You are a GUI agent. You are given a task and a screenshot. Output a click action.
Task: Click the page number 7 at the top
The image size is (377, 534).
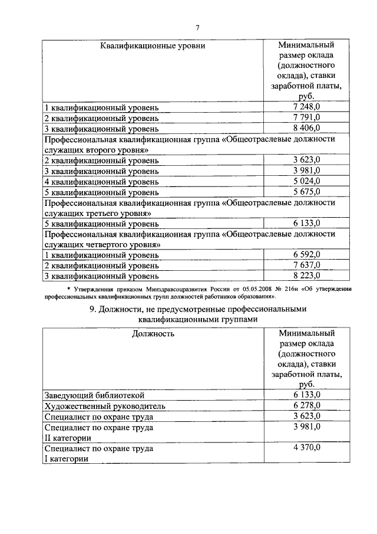198,27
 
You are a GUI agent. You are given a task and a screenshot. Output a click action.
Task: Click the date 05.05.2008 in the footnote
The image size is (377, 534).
254,289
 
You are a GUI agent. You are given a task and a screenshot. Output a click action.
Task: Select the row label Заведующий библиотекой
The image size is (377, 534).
94,395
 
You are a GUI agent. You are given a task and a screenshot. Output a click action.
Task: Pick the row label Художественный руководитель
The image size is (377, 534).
105,405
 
